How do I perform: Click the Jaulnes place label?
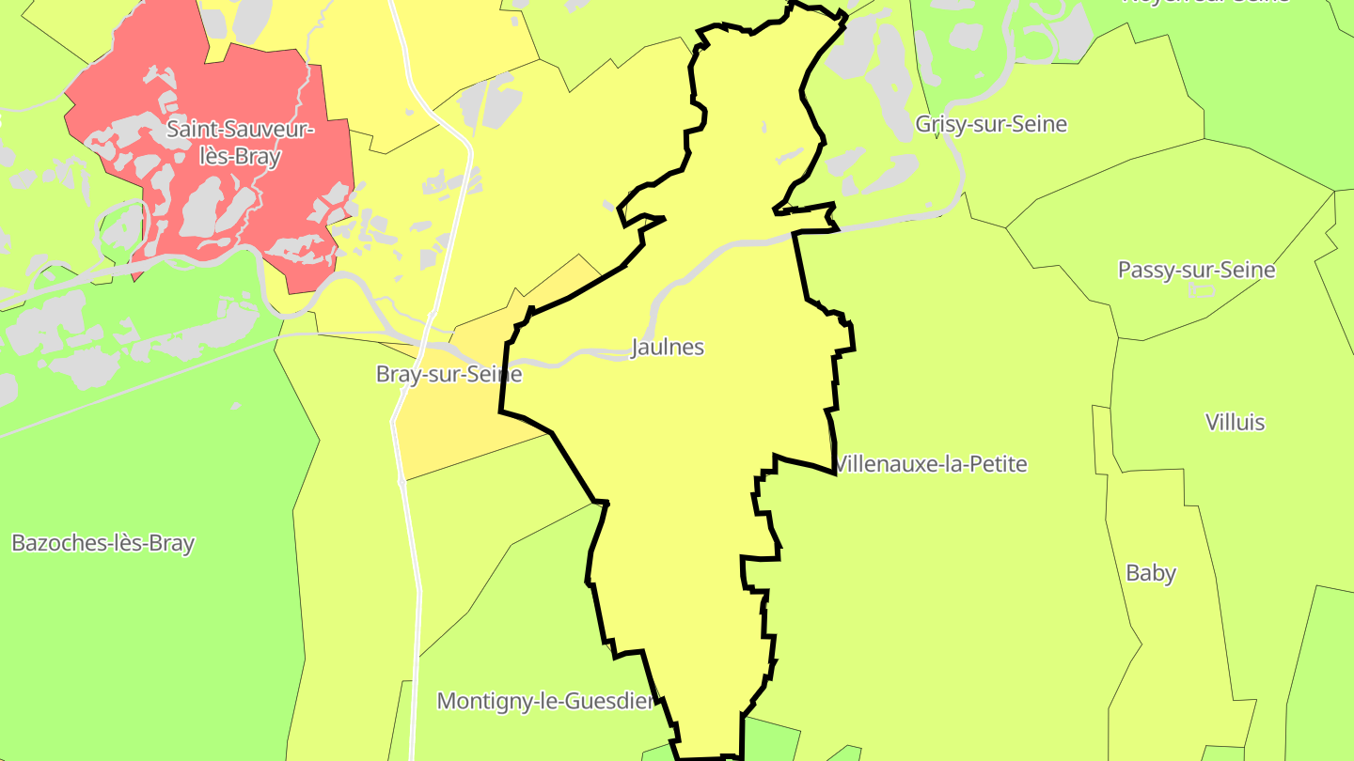[668, 347]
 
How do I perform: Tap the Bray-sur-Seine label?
[449, 374]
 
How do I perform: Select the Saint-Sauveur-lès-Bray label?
[241, 143]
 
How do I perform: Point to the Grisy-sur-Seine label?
[991, 124]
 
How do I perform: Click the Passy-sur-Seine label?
[1196, 271]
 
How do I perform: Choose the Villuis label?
[1235, 422]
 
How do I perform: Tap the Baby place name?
[1151, 573]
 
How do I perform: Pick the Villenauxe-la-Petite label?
[931, 464]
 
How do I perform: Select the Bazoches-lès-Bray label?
[102, 543]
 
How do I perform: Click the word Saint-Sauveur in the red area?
[241, 130]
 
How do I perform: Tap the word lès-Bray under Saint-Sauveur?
[241, 157]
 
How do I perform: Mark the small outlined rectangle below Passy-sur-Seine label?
[1202, 290]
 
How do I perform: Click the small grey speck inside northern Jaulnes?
[764, 127]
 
